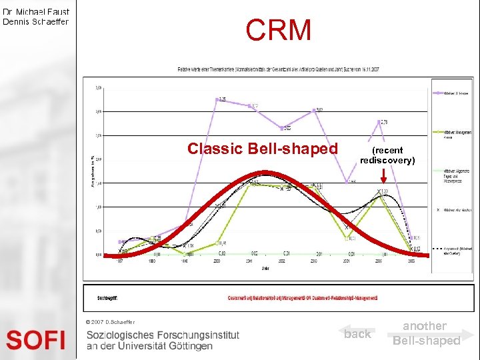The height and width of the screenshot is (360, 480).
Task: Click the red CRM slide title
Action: tap(278, 30)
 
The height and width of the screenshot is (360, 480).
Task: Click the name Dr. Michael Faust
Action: tap(36, 11)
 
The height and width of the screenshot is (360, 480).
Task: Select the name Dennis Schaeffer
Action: tap(36, 21)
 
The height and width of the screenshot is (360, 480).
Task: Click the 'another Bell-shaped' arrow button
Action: tap(427, 333)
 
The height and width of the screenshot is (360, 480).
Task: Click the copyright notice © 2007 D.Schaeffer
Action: tap(110, 322)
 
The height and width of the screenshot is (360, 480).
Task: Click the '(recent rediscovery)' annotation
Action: tap(387, 155)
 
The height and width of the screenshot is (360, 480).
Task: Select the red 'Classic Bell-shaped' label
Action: tap(263, 148)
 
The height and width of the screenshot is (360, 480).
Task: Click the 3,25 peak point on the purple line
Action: tap(218, 100)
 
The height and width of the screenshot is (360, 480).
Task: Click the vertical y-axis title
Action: tap(92, 170)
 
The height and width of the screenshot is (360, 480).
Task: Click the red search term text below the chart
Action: tap(303, 297)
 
